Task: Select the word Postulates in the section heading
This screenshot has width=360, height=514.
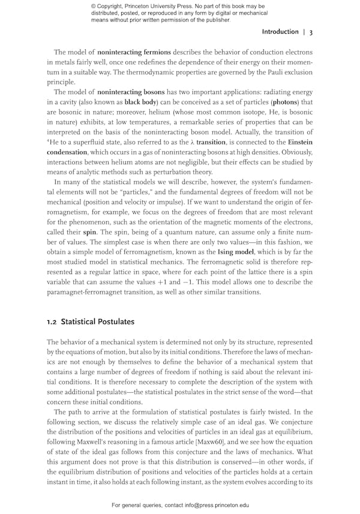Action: point(114,321)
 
